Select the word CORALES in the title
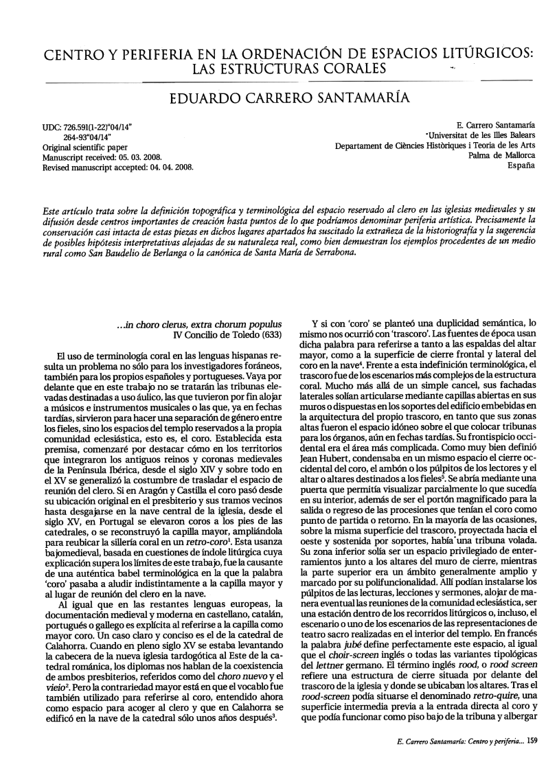pyautogui.click(x=347, y=69)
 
